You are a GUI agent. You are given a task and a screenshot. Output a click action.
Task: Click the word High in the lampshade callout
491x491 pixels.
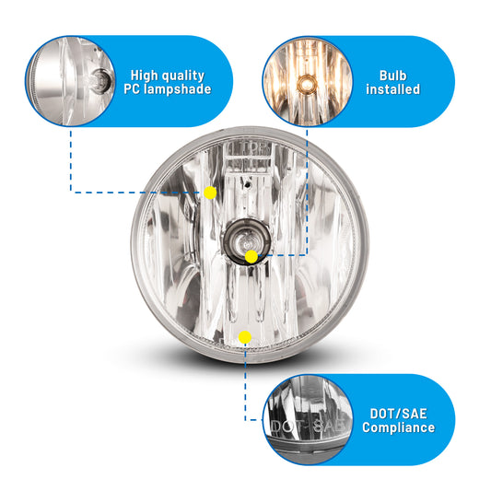pos(144,76)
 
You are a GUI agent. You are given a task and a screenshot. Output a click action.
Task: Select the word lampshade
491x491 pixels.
pos(178,89)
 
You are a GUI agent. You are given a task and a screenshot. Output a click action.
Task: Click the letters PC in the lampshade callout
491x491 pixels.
pos(132,89)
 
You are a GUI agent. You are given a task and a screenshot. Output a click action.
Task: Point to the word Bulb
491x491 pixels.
pos(393,76)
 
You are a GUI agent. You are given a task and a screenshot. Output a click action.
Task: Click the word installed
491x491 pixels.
pos(393,89)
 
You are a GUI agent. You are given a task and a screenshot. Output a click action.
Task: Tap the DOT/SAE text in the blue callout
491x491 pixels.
pos(398,414)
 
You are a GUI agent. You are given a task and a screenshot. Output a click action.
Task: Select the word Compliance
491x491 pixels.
pos(398,427)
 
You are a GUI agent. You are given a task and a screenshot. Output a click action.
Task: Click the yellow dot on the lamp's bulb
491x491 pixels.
pos(251,257)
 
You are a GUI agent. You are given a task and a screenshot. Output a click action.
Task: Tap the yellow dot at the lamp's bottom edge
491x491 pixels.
pos(245,337)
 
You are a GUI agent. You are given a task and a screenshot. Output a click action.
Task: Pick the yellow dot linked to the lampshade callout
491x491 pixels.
pos(210,193)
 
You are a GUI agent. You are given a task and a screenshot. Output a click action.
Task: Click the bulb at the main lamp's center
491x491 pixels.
pos(247,241)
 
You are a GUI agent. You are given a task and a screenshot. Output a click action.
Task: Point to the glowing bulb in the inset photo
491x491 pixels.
pos(306,84)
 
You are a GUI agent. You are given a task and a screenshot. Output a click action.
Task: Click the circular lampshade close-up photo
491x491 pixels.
pos(70,81)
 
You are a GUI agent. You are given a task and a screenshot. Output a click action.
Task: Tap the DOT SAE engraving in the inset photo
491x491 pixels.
pos(309,426)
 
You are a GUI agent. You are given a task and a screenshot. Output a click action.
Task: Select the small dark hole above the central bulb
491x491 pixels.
pos(248,185)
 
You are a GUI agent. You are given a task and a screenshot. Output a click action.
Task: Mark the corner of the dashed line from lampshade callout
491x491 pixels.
pos(71,193)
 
